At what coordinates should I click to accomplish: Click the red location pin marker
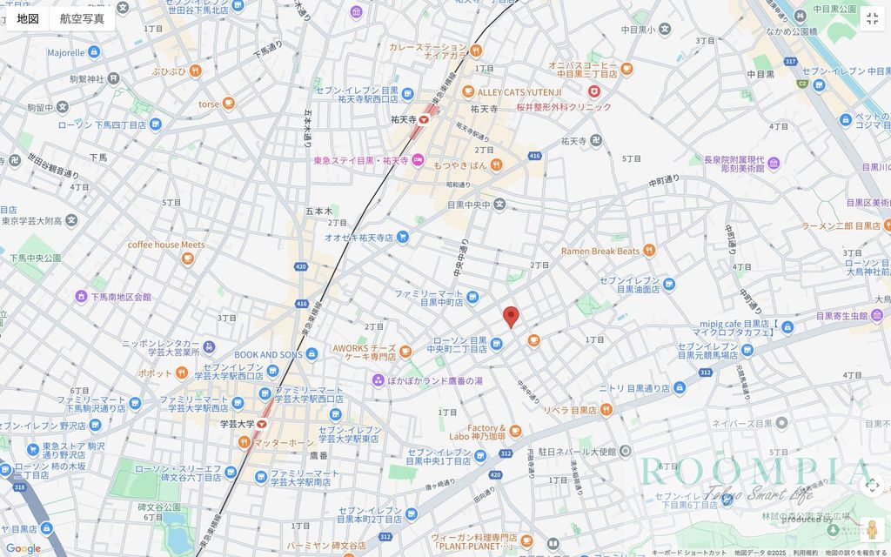coord(511,317)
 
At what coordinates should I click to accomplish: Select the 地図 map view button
coord(28,18)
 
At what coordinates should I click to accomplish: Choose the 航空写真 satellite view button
coord(82,18)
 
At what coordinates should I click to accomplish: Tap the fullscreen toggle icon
coord(872,18)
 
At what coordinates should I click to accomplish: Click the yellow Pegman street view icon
coord(872,528)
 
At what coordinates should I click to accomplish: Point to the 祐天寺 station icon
coord(424,120)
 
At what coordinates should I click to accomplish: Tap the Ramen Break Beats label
coord(600,251)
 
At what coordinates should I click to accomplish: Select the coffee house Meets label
coord(166,245)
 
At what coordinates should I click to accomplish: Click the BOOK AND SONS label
coord(268,354)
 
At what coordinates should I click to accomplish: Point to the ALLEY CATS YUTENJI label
coord(519,91)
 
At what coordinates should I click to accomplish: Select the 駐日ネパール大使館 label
coord(576,452)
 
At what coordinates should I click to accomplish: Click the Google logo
coord(23,548)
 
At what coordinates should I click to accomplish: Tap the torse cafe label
coord(209,104)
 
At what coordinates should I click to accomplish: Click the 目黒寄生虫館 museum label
coord(841,316)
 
